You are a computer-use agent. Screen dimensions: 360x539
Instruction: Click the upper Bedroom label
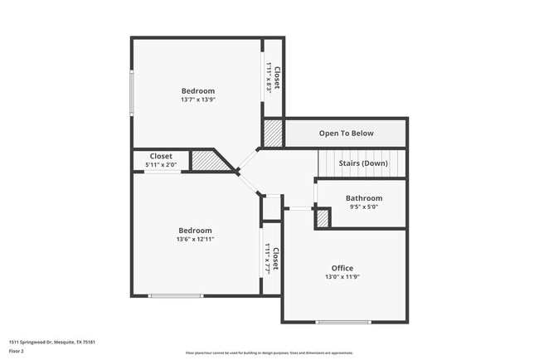(x=198, y=90)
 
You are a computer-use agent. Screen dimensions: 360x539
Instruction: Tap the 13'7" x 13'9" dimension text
(x=198, y=100)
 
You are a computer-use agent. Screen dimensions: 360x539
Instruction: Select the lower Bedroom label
(x=196, y=230)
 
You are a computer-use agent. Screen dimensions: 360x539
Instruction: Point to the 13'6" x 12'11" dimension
(x=196, y=239)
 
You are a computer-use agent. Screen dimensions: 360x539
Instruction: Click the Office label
(x=342, y=268)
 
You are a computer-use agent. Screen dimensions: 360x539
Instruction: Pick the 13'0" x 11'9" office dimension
(x=342, y=277)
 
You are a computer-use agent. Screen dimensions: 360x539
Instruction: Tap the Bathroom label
(x=364, y=198)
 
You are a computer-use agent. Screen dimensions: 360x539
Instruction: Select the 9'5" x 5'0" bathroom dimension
(x=364, y=207)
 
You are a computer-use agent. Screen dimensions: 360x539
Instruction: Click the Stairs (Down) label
(x=363, y=163)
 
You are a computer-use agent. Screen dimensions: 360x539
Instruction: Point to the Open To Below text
(x=347, y=134)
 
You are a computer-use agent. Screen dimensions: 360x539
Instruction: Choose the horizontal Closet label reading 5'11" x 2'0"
(x=161, y=156)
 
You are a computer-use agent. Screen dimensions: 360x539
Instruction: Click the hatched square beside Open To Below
(x=273, y=133)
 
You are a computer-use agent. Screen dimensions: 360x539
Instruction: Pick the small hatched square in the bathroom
(x=323, y=218)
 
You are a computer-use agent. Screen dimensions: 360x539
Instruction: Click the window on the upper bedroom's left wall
(x=130, y=92)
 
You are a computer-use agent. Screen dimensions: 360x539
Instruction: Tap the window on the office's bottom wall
(x=343, y=322)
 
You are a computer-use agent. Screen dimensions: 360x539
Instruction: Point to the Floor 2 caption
(x=17, y=352)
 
